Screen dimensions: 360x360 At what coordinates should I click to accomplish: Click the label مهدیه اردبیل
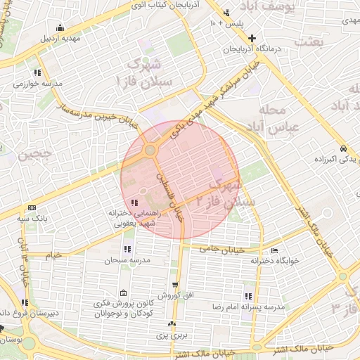[x=60, y=38]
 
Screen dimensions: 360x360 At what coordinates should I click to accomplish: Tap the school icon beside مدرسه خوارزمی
[x=37, y=72]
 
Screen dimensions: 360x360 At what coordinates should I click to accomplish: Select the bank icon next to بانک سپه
[x=32, y=208]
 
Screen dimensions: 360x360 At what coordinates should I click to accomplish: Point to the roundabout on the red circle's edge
[x=150, y=150]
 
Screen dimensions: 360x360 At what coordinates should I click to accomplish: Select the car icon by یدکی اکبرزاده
[x=342, y=149]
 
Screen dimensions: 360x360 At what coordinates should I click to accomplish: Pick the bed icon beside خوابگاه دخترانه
[x=274, y=250]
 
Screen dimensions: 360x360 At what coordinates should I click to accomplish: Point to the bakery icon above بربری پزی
[x=172, y=324]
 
